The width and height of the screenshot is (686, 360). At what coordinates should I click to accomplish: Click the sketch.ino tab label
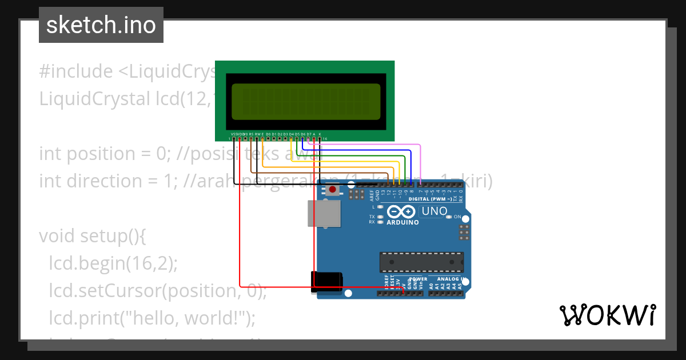click(x=101, y=25)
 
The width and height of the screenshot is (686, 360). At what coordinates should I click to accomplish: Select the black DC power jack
click(x=326, y=282)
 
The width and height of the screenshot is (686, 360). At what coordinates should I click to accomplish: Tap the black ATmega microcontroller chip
click(x=422, y=262)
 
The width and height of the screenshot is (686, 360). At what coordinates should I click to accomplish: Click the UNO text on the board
click(x=434, y=211)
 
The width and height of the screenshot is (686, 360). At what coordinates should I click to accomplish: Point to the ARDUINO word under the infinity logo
click(x=402, y=222)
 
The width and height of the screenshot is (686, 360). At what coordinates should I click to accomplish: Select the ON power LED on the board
click(x=449, y=217)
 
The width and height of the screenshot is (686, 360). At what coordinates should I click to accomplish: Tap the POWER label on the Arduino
click(x=418, y=279)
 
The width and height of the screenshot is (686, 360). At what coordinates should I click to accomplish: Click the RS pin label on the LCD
click(x=252, y=134)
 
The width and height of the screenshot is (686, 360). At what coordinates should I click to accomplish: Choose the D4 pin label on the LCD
click(x=291, y=134)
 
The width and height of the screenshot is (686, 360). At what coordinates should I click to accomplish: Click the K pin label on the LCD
click(x=320, y=134)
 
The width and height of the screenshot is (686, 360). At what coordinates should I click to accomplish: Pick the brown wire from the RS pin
click(x=320, y=173)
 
